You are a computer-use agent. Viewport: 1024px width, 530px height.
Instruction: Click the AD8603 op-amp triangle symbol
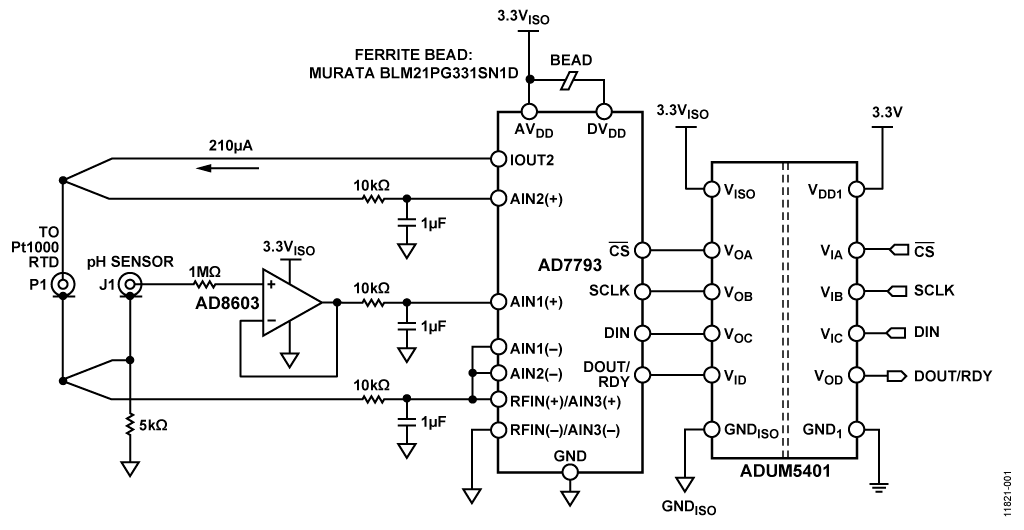pos(290,301)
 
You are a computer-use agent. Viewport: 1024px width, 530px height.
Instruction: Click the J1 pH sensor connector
pos(129,286)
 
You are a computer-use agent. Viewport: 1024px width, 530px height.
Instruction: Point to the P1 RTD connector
pos(63,286)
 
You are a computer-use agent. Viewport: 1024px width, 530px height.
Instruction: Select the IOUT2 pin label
pos(532,160)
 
